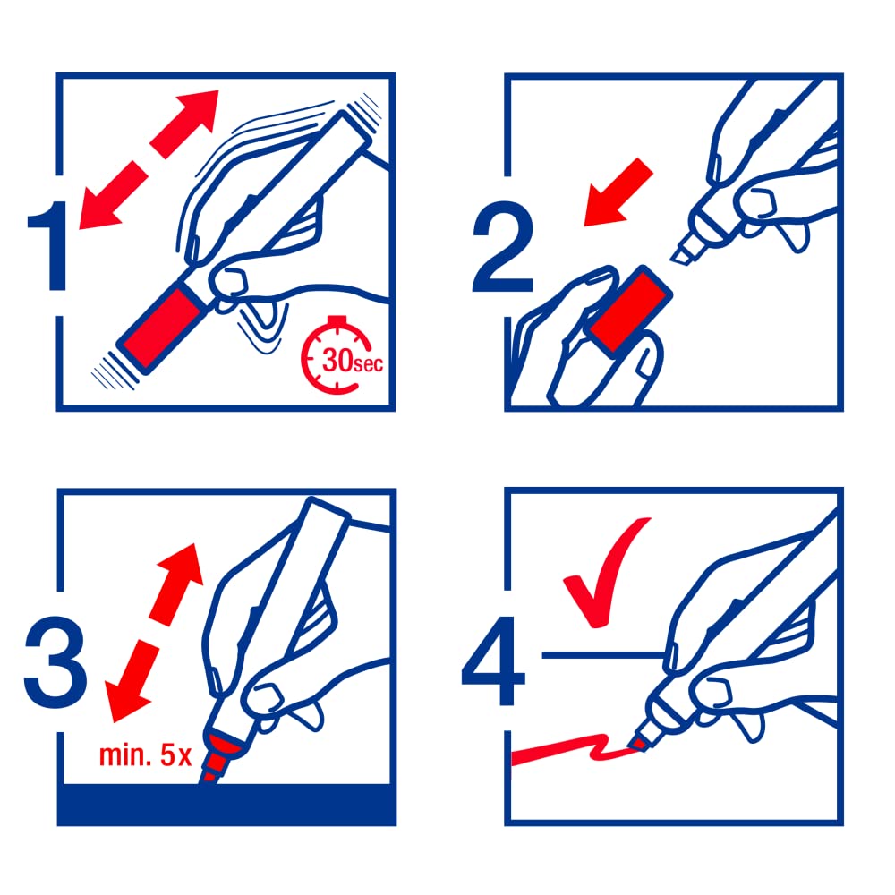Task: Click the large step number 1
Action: (51, 245)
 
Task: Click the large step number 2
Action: (503, 247)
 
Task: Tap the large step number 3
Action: (55, 662)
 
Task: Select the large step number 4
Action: (494, 661)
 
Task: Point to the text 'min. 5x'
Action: (145, 755)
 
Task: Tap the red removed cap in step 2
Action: (631, 311)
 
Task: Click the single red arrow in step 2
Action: (618, 192)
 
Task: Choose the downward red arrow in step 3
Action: (132, 680)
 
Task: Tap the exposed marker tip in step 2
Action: (683, 252)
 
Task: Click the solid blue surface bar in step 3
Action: (226, 805)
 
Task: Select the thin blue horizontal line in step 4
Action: (602, 655)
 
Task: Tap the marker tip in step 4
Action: (635, 743)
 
